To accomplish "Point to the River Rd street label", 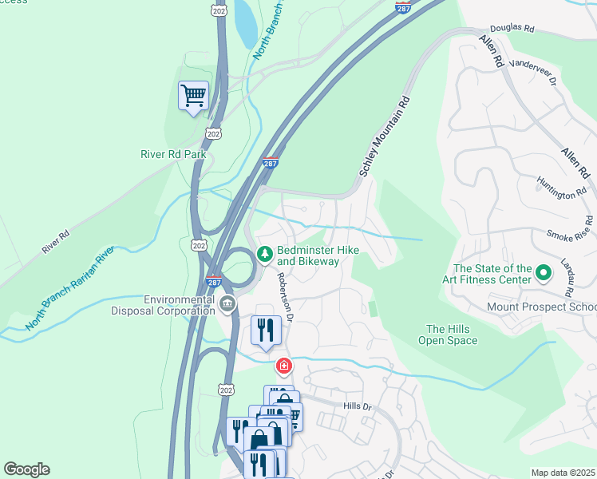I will (x=56, y=243).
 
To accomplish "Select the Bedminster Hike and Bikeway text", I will (x=318, y=255).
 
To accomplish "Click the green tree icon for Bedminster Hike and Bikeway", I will (x=264, y=254).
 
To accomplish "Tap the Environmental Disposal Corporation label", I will (x=179, y=306).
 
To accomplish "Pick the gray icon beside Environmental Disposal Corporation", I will (x=227, y=303).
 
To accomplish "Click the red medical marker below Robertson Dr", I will (x=283, y=366).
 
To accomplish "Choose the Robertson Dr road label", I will (x=286, y=295).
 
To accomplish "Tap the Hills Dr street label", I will (x=358, y=406).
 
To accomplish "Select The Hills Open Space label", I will (x=452, y=335).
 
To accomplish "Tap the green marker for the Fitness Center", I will (x=544, y=274).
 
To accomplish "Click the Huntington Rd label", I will (x=562, y=188).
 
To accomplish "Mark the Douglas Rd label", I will (x=512, y=27).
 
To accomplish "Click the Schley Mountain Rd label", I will (x=385, y=137).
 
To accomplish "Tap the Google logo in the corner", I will (x=26, y=469).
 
